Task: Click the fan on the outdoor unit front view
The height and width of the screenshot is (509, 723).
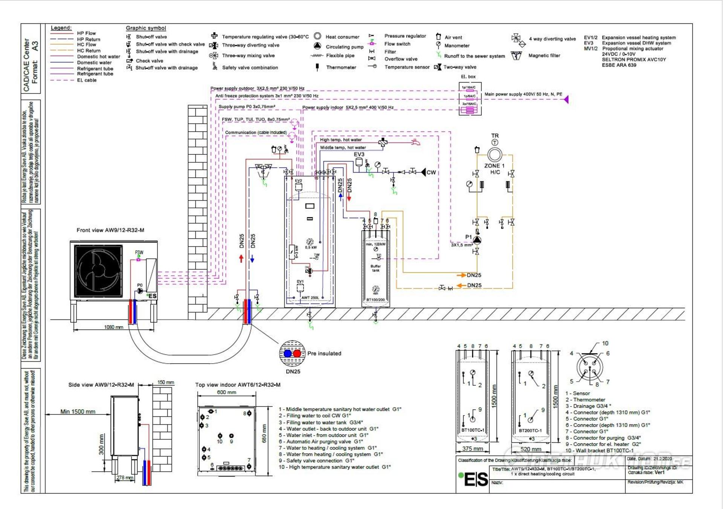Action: point(99,271)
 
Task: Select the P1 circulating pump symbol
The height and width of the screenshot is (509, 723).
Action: point(477,240)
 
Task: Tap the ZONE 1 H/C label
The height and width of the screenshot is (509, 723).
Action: point(494,169)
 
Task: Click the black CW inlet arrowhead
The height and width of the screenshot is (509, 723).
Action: point(423,172)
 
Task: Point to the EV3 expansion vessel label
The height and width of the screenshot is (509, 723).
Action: point(359,154)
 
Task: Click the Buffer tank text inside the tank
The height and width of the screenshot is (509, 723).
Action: point(376,268)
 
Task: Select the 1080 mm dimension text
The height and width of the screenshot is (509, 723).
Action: point(114,327)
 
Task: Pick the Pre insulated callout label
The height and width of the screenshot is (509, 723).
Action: point(324,353)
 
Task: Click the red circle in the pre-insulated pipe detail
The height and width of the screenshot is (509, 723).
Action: point(297,353)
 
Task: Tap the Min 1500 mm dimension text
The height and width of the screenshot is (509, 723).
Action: point(78,412)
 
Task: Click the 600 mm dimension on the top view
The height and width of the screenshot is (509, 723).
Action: point(227,392)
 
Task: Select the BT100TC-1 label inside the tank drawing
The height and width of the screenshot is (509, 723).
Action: point(473,430)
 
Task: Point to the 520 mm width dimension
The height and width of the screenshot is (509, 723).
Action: point(531,449)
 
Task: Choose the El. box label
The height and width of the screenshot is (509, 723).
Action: point(468,77)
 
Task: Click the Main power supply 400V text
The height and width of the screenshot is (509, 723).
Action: point(523,94)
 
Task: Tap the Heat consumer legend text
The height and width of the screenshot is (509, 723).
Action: point(342,37)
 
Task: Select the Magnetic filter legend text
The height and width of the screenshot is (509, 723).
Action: point(544,55)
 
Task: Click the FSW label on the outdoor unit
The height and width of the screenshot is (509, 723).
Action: point(139,252)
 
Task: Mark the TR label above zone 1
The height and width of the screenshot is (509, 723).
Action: point(495,136)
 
